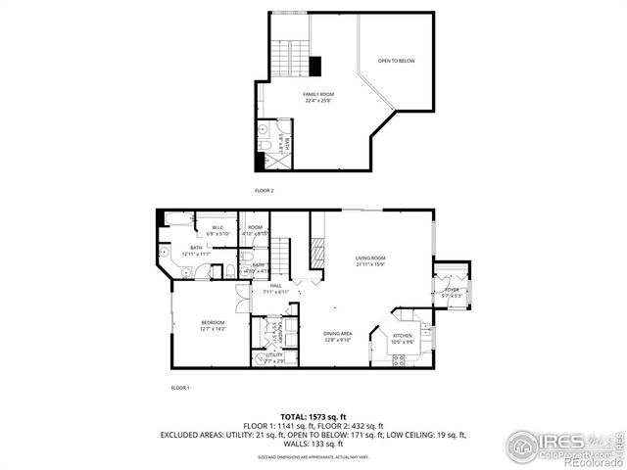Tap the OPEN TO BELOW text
[397, 62]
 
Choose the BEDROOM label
[214, 323]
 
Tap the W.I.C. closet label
[219, 228]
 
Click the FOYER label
[452, 290]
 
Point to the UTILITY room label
[273, 355]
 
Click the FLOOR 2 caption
[264, 189]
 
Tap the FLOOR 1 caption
[180, 389]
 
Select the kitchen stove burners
[399, 360]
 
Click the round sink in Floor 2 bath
[264, 129]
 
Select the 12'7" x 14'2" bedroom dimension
[214, 330]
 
